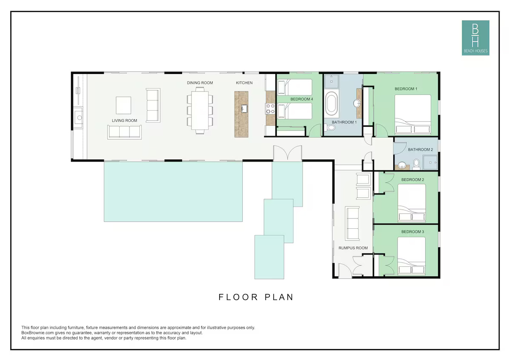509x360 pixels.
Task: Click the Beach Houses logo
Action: click(x=475, y=38)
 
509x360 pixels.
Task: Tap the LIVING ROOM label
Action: click(x=124, y=121)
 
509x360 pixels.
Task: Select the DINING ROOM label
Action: click(x=200, y=83)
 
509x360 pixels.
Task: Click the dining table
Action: click(x=200, y=110)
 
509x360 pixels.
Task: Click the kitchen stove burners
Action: click(x=271, y=109)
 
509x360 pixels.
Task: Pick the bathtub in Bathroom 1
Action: click(x=332, y=103)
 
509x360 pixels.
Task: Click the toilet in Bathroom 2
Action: click(x=417, y=164)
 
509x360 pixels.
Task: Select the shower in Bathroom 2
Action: click(x=430, y=162)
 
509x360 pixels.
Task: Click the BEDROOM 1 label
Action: click(x=406, y=89)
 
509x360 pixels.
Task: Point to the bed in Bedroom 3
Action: click(x=412, y=256)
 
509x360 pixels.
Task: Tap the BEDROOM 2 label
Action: click(x=412, y=180)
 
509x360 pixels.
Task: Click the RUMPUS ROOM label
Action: click(x=353, y=248)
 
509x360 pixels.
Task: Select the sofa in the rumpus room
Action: click(x=352, y=223)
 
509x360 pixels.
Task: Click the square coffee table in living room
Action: click(x=124, y=105)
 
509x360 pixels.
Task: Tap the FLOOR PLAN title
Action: click(x=256, y=297)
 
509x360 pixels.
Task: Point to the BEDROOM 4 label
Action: click(x=302, y=99)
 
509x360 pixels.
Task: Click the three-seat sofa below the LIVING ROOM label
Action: click(x=124, y=132)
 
